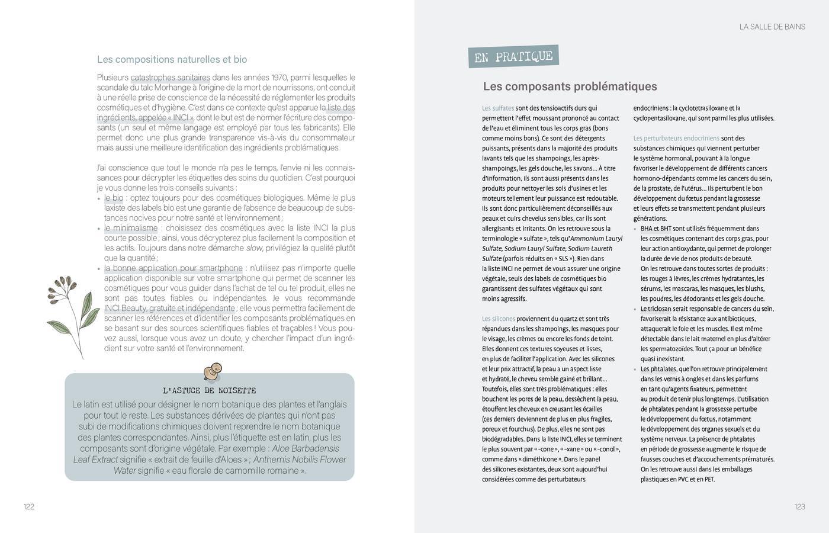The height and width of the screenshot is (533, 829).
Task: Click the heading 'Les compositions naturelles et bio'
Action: tap(172, 59)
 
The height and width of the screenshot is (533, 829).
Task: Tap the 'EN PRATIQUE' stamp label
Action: tap(513, 57)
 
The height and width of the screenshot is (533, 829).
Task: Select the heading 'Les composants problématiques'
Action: tap(570, 86)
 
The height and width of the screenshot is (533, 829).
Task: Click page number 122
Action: tap(29, 506)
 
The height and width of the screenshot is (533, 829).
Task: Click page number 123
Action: tap(799, 506)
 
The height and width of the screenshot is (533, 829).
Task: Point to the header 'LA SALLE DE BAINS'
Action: tap(772, 27)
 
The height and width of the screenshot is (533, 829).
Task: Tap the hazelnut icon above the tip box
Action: tap(213, 371)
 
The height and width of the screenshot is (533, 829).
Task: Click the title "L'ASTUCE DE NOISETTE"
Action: tap(209, 391)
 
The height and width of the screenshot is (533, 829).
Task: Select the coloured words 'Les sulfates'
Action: tap(498, 108)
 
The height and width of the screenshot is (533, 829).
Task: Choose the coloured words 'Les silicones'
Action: tap(499, 319)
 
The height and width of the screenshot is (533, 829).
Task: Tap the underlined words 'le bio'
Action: tap(114, 198)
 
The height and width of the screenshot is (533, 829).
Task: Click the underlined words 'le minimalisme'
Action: tap(131, 228)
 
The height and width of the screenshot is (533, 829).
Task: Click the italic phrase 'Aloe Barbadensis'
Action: tap(306, 448)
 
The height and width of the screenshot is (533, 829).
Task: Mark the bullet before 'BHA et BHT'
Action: tap(635, 229)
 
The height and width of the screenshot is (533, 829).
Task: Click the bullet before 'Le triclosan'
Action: tap(635, 309)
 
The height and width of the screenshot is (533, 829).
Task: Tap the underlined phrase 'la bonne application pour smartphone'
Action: tap(173, 268)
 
